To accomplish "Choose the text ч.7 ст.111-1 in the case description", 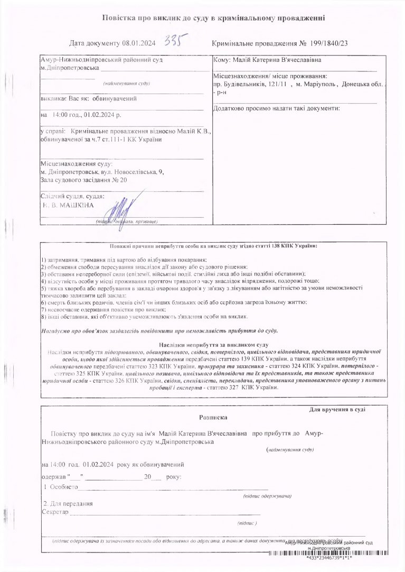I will click(107, 140).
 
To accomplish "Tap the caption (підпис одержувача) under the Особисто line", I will click(267, 497).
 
